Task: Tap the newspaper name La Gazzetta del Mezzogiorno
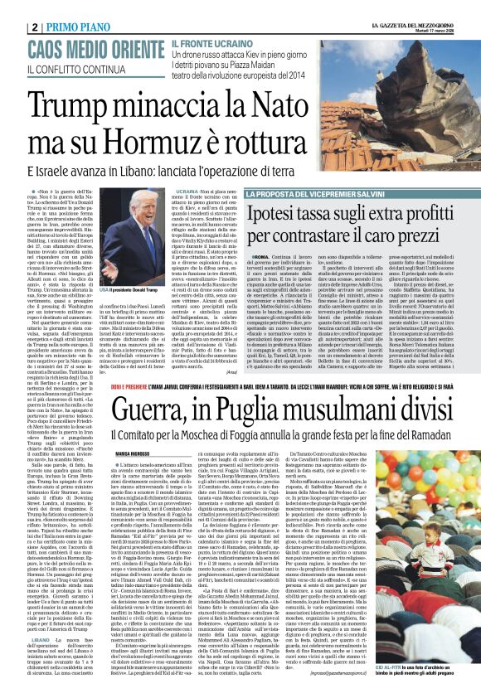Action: click(415, 7)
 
